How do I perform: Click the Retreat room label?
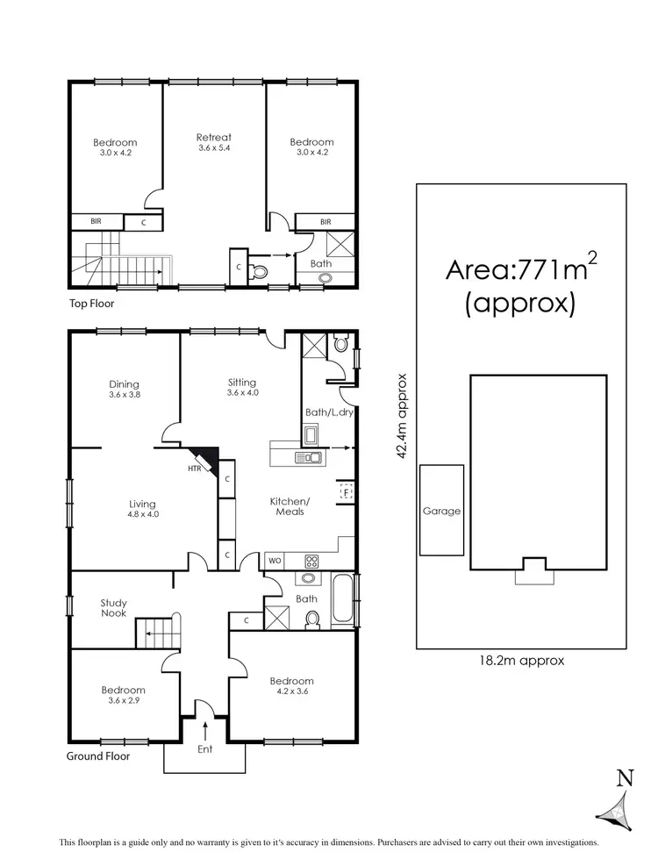(x=213, y=137)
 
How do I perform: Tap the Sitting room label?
(x=241, y=382)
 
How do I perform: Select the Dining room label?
(x=124, y=383)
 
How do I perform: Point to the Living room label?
(x=142, y=504)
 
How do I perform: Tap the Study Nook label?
(x=113, y=607)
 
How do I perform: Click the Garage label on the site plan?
(x=441, y=511)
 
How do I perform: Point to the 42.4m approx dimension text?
(x=402, y=416)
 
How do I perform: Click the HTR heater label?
(x=194, y=469)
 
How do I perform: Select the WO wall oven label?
(x=275, y=560)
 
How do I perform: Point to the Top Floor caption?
(x=92, y=304)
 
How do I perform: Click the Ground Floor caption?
(x=98, y=755)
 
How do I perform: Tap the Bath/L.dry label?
(x=329, y=412)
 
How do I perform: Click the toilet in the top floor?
(x=258, y=271)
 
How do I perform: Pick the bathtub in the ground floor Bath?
(x=344, y=599)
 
